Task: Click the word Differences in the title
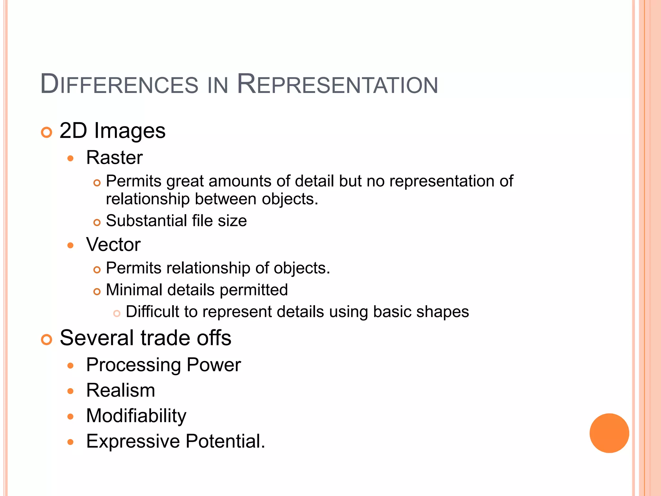(x=119, y=85)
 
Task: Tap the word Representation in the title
(x=337, y=85)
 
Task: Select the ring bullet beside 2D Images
(x=47, y=132)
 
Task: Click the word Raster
(x=114, y=158)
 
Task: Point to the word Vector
(x=113, y=244)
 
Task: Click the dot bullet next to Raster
(x=71, y=159)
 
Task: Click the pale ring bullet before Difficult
(x=117, y=313)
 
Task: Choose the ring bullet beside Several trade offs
(x=47, y=340)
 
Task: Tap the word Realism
(x=121, y=390)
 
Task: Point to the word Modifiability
(x=136, y=416)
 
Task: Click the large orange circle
(x=609, y=433)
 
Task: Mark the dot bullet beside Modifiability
(x=71, y=417)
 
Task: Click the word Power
(x=214, y=365)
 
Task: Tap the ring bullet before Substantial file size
(x=97, y=222)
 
